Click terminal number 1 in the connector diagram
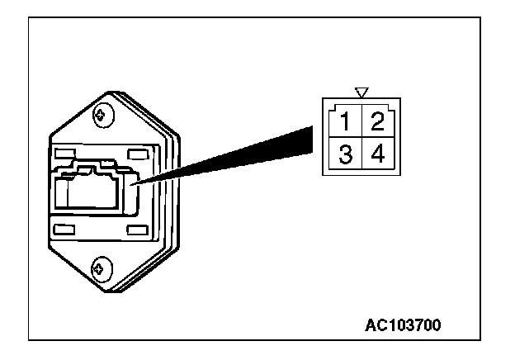346,123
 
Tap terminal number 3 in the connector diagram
346,154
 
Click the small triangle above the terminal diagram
361,92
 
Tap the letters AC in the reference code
374,324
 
